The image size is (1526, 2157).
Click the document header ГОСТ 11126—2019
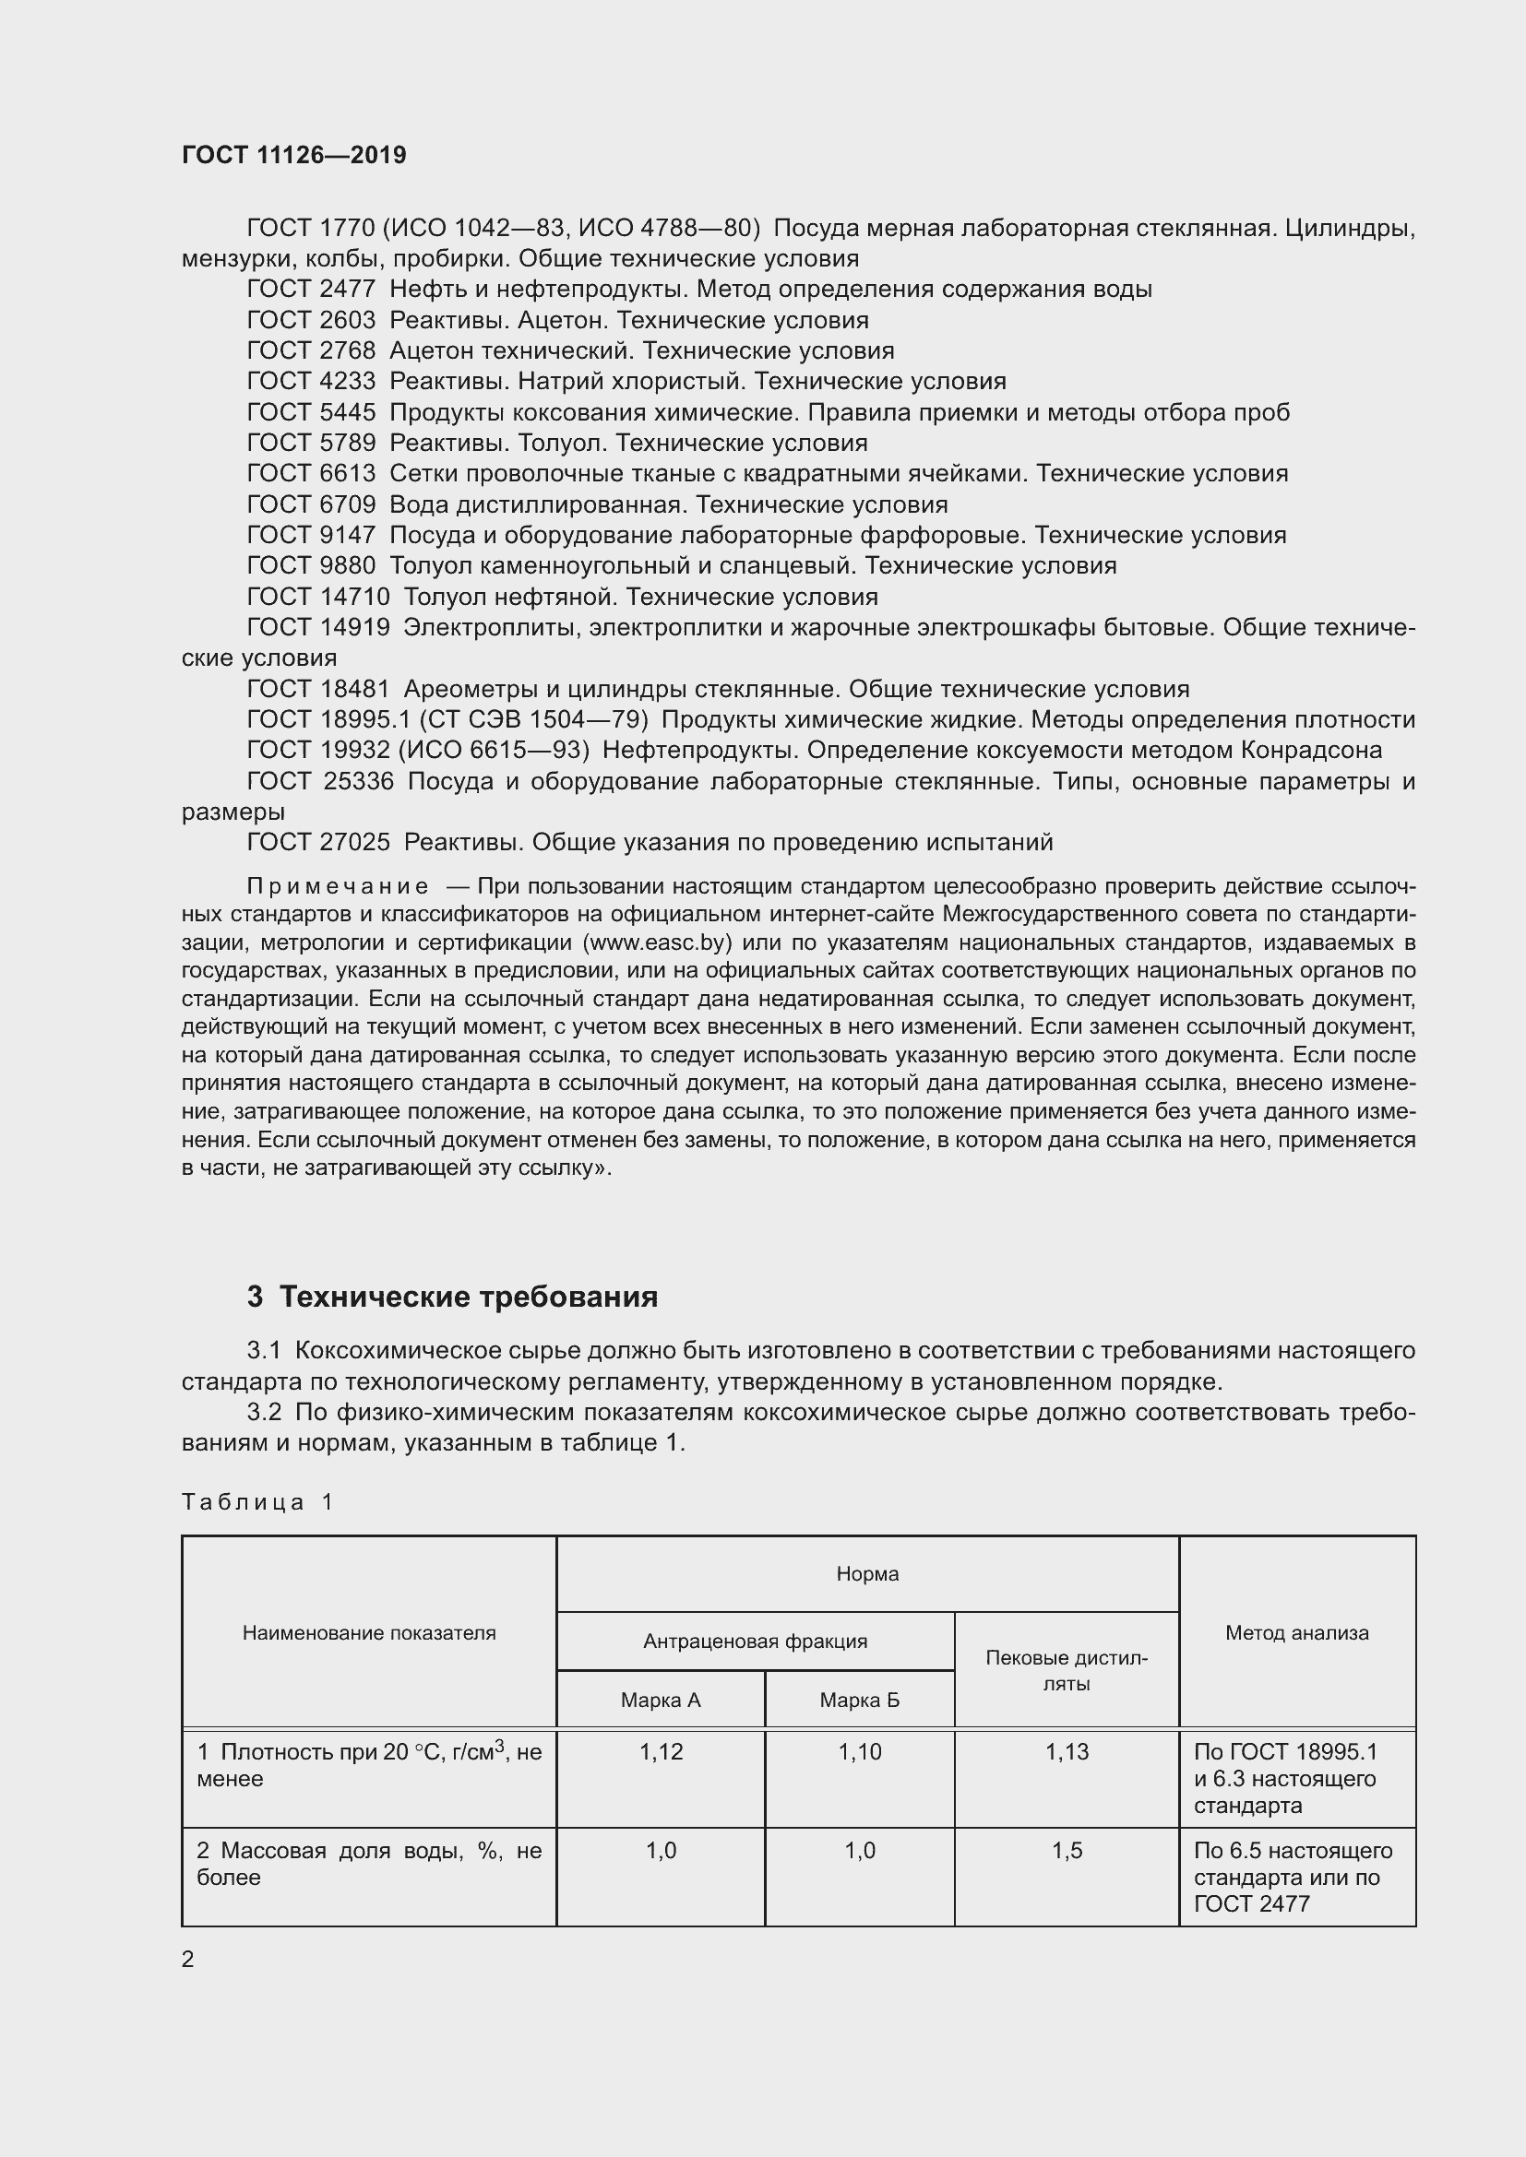294,155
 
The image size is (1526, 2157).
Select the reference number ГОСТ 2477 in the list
311,290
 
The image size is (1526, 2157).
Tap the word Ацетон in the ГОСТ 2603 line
563,320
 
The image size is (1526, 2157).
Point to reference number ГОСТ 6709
311,505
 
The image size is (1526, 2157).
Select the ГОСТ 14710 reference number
317,598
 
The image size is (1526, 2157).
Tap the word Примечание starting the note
338,887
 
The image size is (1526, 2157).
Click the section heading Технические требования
469,1298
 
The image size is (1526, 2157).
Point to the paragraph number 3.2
264,1413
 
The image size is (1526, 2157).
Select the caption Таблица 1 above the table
257,1502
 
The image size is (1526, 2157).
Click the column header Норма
867,1574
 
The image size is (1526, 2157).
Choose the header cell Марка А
661,1701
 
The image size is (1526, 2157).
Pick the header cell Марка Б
860,1701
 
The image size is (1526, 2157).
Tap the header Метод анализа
1296,1633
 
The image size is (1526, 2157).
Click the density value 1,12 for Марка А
661,1752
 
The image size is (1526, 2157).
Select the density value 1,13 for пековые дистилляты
1067,1752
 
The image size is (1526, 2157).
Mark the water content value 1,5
1067,1851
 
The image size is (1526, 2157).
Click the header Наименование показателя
368,1633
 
